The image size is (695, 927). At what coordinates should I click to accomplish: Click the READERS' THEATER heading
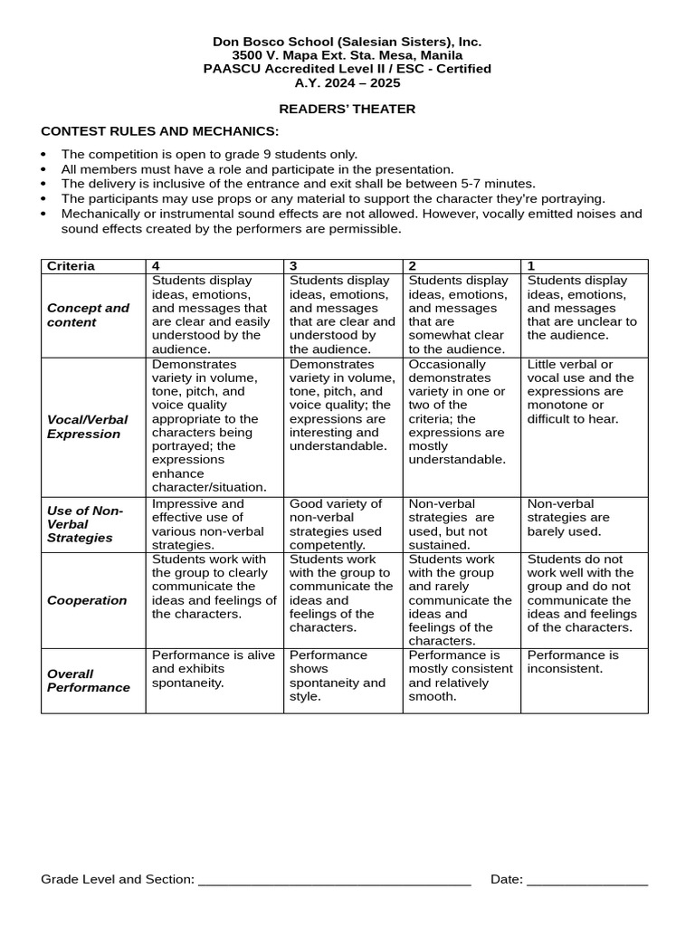(347, 110)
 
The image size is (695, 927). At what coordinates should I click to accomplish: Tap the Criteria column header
(71, 266)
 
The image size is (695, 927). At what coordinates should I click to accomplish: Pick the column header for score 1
(531, 266)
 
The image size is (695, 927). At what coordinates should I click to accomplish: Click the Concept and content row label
(88, 315)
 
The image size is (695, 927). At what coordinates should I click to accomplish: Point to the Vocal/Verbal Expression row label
(87, 426)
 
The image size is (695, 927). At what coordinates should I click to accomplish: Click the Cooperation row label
(87, 600)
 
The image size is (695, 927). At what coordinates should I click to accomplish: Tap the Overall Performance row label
(89, 680)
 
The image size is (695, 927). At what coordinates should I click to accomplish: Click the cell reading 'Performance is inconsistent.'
(573, 662)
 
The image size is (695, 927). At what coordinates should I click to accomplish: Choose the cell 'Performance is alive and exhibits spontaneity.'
(214, 668)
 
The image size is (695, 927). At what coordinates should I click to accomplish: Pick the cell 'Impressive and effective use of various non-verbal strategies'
(214, 524)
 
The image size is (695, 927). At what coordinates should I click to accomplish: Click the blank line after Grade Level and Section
(334, 880)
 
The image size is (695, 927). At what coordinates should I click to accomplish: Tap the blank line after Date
(587, 880)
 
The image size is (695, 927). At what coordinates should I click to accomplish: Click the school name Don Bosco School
(347, 42)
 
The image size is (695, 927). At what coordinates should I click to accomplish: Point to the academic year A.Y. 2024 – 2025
(347, 82)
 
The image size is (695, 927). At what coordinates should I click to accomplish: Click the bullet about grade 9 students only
(209, 155)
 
